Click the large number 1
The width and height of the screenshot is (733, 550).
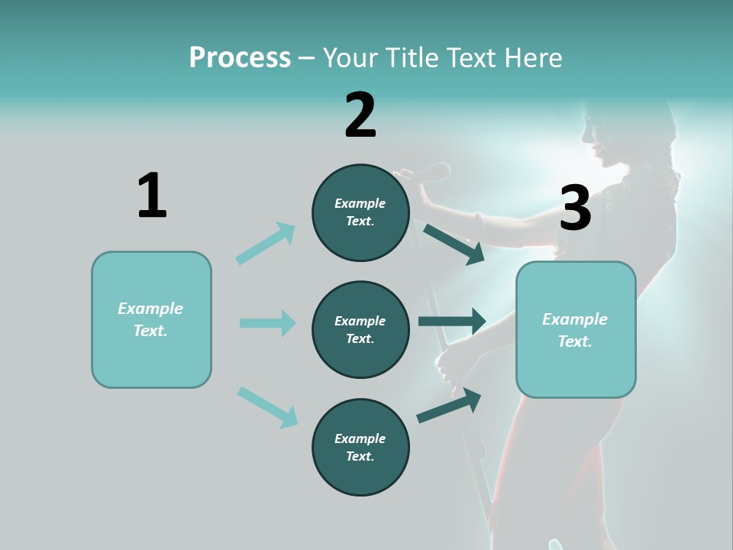click(x=152, y=196)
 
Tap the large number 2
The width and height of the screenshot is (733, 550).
click(x=360, y=115)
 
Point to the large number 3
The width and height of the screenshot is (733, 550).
click(x=576, y=209)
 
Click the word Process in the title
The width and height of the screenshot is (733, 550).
click(x=240, y=57)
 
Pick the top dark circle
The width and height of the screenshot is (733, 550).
click(x=360, y=212)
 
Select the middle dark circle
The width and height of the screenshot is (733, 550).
click(x=360, y=330)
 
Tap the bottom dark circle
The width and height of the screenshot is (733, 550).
click(x=360, y=448)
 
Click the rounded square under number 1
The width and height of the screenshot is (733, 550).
click(x=151, y=319)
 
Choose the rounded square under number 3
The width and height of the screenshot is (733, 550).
click(x=576, y=330)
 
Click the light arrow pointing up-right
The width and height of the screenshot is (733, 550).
click(x=266, y=244)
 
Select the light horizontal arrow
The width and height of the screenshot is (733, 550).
click(x=267, y=323)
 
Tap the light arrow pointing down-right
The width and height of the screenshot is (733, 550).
click(x=267, y=406)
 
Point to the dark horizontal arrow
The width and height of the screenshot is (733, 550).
click(x=452, y=322)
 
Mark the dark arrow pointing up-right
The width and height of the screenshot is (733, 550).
click(x=449, y=406)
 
